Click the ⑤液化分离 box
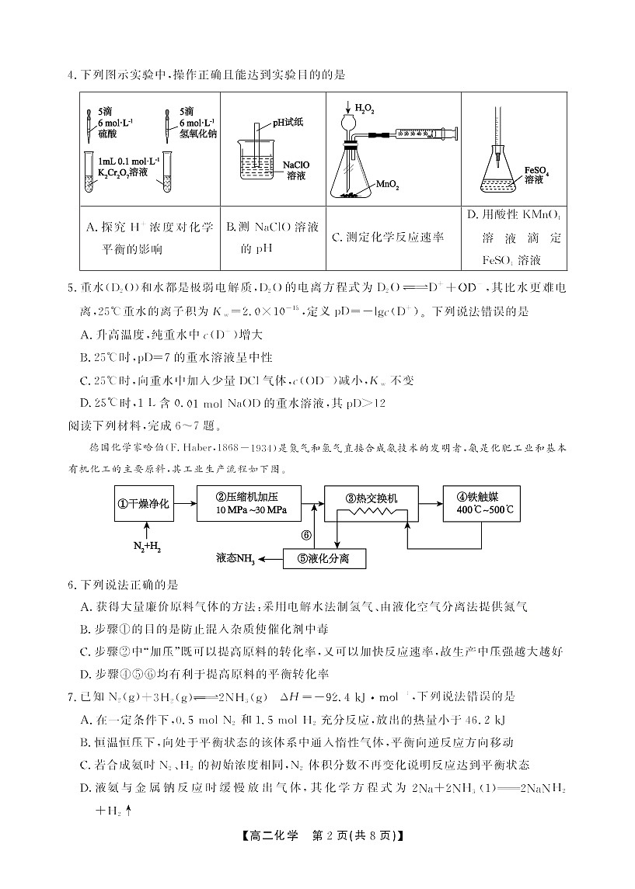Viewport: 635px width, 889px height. click(x=325, y=558)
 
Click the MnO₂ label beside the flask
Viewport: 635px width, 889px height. click(x=387, y=186)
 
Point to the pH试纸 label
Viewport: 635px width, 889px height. click(x=285, y=122)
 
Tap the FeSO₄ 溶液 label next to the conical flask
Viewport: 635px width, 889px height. click(x=536, y=174)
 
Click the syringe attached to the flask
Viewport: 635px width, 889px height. click(x=407, y=134)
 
